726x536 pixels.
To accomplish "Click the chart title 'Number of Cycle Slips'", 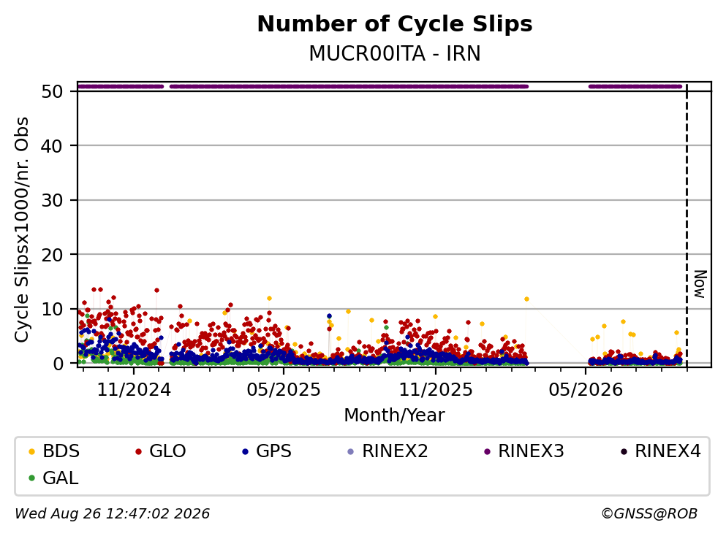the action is pyautogui.click(x=395, y=24).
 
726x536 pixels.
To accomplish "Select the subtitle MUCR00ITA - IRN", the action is pyautogui.click(x=395, y=53).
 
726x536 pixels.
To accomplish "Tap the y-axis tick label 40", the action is pyautogui.click(x=52, y=146).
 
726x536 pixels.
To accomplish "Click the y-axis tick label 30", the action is pyautogui.click(x=52, y=200).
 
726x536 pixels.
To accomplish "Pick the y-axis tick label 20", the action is pyautogui.click(x=52, y=255).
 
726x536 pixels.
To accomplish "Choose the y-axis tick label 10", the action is pyautogui.click(x=52, y=309).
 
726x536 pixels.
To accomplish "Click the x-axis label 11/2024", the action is pyautogui.click(x=134, y=390).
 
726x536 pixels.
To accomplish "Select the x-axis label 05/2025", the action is pyautogui.click(x=284, y=390).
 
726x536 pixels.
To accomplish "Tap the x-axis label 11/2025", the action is pyautogui.click(x=436, y=390).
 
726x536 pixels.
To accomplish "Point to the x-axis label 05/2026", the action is pyautogui.click(x=586, y=390).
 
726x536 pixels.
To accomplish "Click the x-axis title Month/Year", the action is pyautogui.click(x=395, y=416).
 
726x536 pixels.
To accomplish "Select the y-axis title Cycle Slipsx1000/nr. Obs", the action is pyautogui.click(x=21, y=230).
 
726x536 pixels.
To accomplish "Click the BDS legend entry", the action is pyautogui.click(x=53, y=451).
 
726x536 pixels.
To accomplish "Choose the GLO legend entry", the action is pyautogui.click(x=160, y=451).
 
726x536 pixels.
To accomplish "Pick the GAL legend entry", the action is pyautogui.click(x=53, y=478).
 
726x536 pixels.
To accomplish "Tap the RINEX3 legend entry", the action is pyautogui.click(x=523, y=451).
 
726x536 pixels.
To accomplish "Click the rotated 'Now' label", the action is pyautogui.click(x=700, y=284).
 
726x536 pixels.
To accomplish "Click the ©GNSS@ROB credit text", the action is pyautogui.click(x=649, y=513).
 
